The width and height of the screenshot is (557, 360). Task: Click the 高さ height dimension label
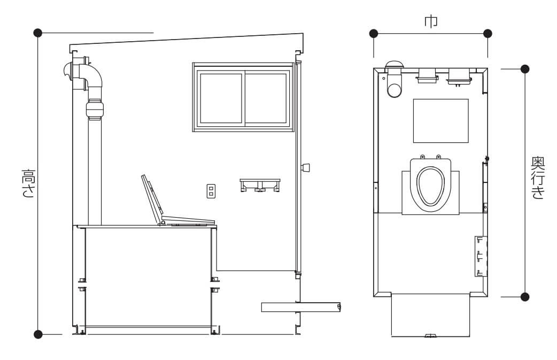(27, 183)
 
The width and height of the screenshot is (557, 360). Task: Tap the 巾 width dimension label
(430, 21)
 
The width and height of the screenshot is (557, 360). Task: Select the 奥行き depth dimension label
(537, 178)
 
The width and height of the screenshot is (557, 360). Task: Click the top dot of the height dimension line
(37, 33)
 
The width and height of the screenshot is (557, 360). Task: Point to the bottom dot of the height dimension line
(37, 334)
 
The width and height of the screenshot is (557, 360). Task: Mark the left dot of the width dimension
(373, 34)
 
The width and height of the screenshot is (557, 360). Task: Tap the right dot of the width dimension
(488, 34)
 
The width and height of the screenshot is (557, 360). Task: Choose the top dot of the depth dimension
(525, 69)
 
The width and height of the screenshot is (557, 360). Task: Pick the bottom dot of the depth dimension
(525, 297)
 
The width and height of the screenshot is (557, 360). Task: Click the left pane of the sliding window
(221, 98)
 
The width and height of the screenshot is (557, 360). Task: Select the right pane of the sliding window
(266, 98)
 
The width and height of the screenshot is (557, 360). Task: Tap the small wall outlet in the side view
(211, 191)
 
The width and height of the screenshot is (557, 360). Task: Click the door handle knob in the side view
(306, 168)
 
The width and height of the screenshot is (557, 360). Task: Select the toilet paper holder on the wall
(260, 185)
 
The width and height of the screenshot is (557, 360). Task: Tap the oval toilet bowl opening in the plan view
(430, 185)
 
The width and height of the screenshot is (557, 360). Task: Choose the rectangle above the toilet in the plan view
(440, 120)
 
